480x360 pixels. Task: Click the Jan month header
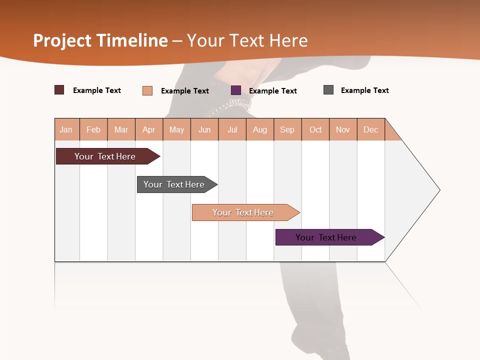[x=66, y=129]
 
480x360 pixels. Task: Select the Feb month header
[x=93, y=129]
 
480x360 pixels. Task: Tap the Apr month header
[x=149, y=129]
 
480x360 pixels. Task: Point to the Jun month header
[x=204, y=129]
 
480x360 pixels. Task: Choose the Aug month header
[x=260, y=129]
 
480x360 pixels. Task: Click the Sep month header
[x=287, y=129]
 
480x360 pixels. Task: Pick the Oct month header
[x=315, y=129]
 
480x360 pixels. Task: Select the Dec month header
[x=371, y=129]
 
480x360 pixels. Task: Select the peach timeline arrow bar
[x=243, y=212]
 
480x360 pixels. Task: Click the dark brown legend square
[x=59, y=90]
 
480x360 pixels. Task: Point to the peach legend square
[x=147, y=90]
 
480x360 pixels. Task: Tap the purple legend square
[x=236, y=90]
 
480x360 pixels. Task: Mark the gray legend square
[x=328, y=90]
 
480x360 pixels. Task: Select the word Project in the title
[x=62, y=40]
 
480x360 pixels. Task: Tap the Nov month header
[x=343, y=129]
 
